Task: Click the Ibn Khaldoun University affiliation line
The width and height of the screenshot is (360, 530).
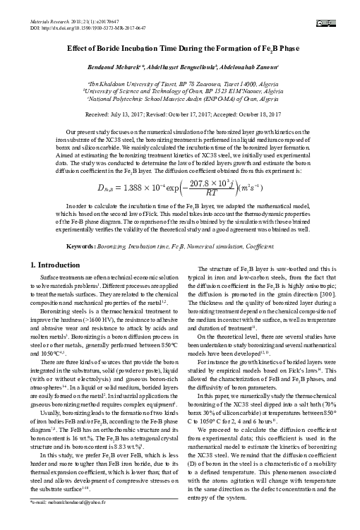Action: [179, 84]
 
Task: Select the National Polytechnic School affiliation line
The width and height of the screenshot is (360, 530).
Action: [179, 100]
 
